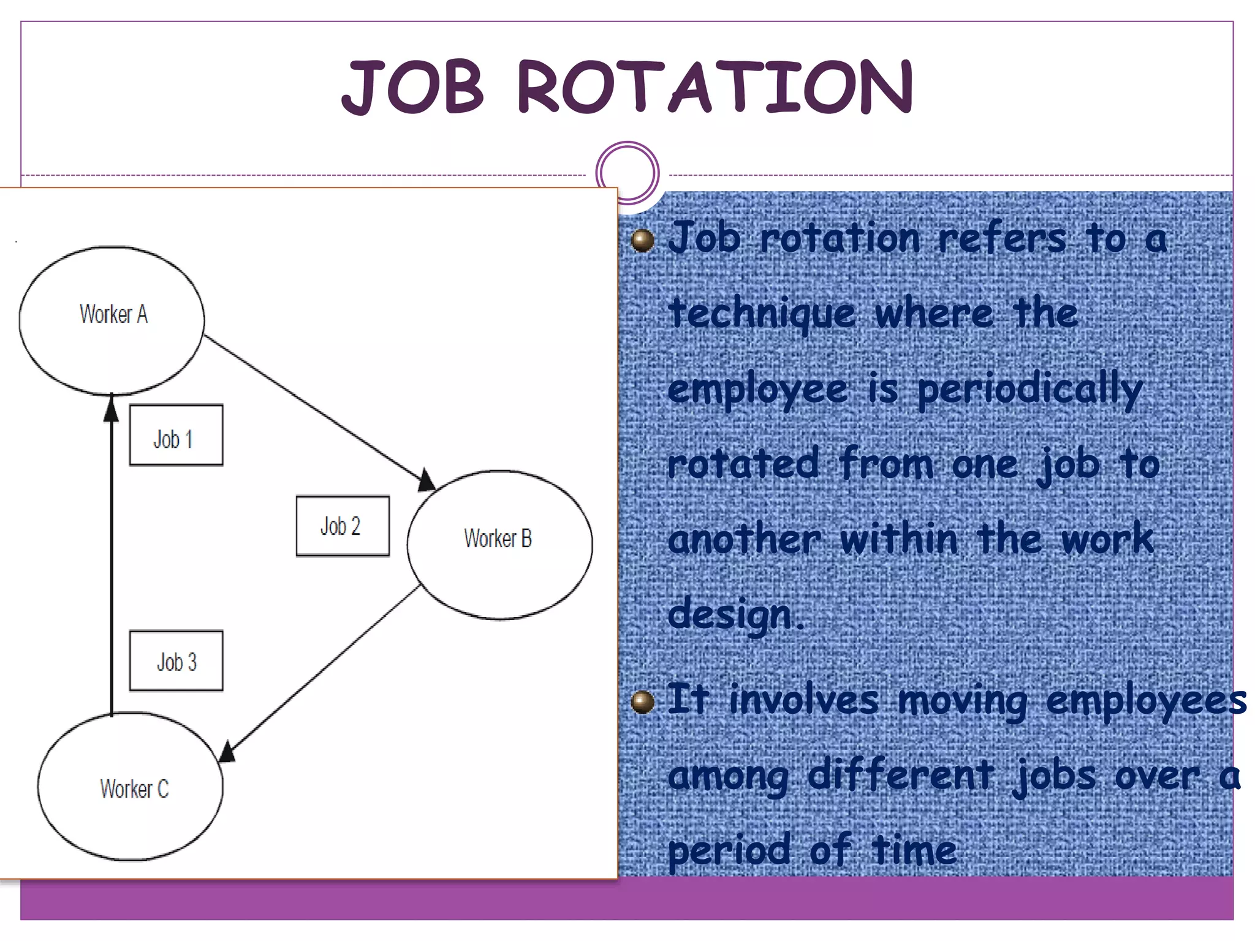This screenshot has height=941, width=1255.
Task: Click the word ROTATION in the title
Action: click(x=715, y=87)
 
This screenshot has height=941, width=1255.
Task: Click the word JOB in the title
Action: click(x=413, y=87)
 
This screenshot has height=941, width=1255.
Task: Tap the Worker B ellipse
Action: click(x=499, y=545)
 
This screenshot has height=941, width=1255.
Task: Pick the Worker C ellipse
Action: click(x=131, y=787)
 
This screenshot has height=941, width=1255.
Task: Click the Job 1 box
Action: click(x=176, y=435)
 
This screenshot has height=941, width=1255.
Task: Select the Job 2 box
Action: click(x=342, y=526)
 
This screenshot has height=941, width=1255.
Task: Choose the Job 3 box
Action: click(x=176, y=660)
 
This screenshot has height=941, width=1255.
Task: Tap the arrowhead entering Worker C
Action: click(x=227, y=751)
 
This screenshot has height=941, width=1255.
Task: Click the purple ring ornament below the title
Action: click(x=627, y=173)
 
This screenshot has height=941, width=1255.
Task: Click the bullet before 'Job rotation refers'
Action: click(x=642, y=240)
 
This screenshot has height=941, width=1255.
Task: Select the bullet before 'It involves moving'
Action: click(x=642, y=701)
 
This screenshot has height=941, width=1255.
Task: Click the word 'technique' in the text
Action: click(x=762, y=314)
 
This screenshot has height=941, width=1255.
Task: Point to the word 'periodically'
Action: click(x=1030, y=390)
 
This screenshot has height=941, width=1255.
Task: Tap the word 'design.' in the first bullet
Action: click(x=735, y=614)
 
